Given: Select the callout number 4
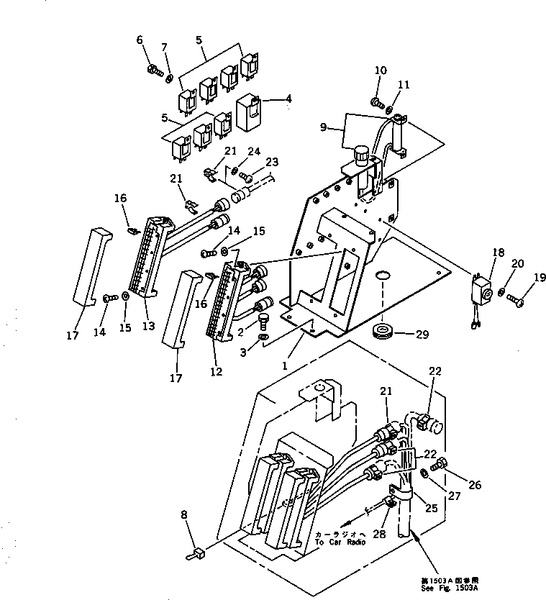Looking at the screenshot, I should pyautogui.click(x=288, y=99).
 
